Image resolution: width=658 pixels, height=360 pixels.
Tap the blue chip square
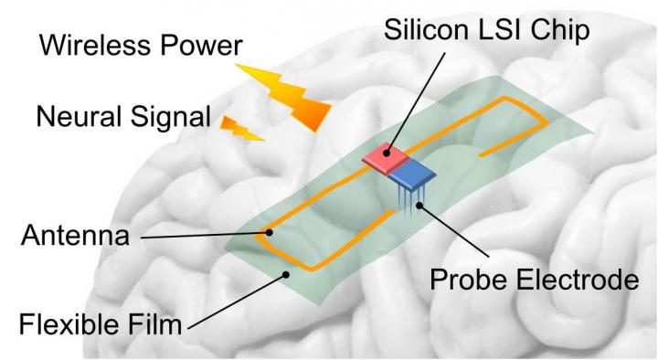pyautogui.click(x=415, y=173)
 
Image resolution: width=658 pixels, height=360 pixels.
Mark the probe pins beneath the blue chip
pyautogui.click(x=408, y=199)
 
